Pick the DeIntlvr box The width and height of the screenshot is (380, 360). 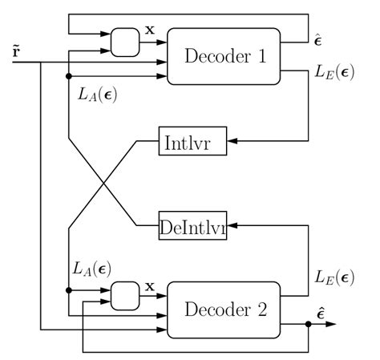click(x=193, y=227)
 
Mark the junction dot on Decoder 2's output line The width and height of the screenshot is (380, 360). click(x=309, y=324)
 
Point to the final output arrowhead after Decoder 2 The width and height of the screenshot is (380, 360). click(x=331, y=324)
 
